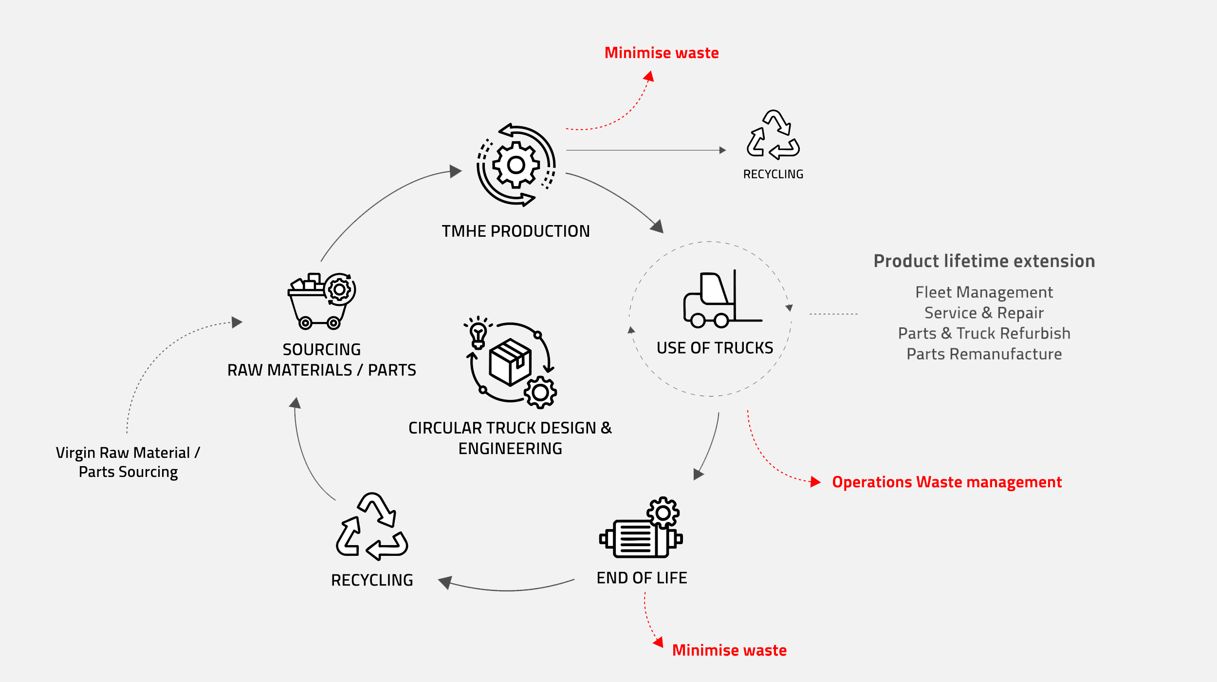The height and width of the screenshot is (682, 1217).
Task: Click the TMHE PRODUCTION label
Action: (x=516, y=231)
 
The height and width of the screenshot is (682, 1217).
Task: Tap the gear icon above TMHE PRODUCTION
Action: (x=516, y=165)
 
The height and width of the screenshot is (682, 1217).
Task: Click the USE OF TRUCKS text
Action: (x=715, y=348)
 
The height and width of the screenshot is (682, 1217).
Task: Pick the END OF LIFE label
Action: (x=642, y=578)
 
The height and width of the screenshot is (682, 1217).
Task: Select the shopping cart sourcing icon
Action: (x=321, y=301)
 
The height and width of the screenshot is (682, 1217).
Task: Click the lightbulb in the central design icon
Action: (x=478, y=334)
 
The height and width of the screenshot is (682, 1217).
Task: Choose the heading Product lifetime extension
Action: (x=984, y=261)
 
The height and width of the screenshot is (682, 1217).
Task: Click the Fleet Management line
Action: (x=984, y=292)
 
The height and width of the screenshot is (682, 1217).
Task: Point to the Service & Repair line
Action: (x=984, y=313)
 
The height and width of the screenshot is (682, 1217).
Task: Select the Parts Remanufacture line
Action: (x=984, y=354)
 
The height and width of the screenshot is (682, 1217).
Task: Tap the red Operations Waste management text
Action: (x=947, y=482)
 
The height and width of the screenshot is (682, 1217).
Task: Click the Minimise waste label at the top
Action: (x=662, y=53)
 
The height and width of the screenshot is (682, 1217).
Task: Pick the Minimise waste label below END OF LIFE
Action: (x=729, y=650)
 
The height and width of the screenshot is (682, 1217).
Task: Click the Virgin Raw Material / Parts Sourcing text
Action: (x=128, y=462)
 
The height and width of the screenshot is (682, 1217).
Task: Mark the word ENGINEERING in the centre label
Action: (x=510, y=448)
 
